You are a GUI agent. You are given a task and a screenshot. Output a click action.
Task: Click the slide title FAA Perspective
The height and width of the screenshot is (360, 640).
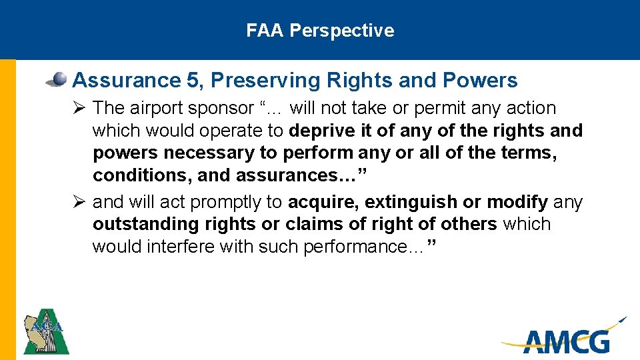320,31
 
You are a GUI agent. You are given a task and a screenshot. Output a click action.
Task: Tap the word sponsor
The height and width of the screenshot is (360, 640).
221,108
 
